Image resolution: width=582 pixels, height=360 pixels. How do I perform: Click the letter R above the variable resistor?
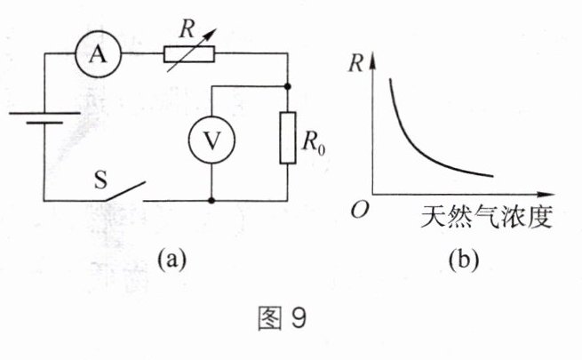pos(187,29)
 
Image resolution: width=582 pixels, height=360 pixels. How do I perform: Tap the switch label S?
pos(100,180)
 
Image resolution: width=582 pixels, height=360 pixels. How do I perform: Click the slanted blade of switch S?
pos(125,191)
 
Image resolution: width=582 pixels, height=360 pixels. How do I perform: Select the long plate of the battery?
pos(44,113)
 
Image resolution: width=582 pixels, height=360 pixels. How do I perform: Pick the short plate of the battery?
pos(44,122)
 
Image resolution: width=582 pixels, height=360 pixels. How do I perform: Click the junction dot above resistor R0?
pos(287,86)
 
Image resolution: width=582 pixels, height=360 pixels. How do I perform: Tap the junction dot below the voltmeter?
pos(211,201)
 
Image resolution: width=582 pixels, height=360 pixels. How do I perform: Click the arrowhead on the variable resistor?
pos(210,35)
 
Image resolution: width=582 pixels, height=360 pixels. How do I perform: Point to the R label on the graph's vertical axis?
pos(355,63)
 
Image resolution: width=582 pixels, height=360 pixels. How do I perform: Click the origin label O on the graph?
pos(359,211)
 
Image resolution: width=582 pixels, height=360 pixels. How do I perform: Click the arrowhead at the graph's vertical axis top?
pos(372,60)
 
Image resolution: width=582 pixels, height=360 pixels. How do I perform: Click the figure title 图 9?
pos(283,319)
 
